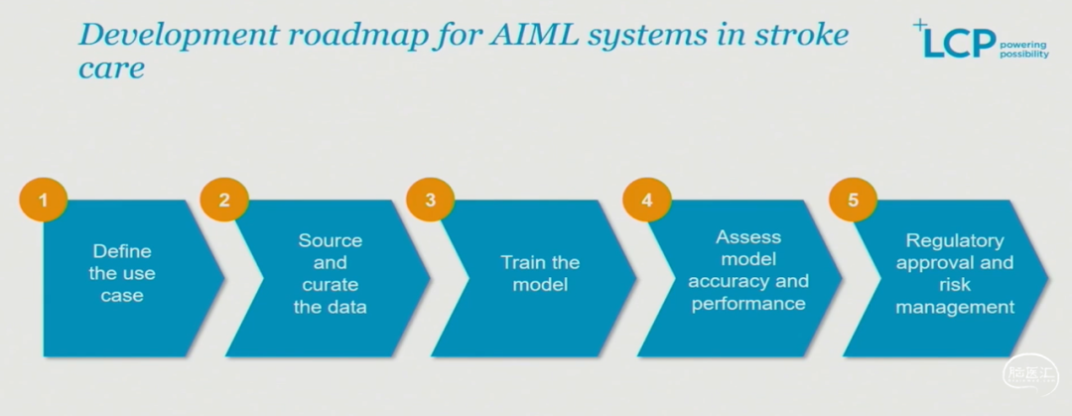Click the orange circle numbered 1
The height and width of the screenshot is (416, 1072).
[43, 200]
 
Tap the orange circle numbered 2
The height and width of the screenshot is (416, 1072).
[224, 200]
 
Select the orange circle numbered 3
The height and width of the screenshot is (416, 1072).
[430, 200]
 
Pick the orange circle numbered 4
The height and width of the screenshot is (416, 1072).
[647, 200]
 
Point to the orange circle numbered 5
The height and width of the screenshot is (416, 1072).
[853, 200]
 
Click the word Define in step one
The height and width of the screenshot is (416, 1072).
[122, 251]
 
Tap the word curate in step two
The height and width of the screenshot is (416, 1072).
[331, 284]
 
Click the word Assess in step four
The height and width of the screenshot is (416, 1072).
[748, 236]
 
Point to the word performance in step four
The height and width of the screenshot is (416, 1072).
[748, 303]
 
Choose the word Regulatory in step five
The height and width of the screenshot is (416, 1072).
[955, 241]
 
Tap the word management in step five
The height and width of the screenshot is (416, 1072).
[955, 307]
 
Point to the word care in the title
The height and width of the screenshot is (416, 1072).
[111, 69]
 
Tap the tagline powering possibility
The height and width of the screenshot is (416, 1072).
[1022, 50]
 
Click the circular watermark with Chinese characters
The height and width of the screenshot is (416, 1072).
[1029, 375]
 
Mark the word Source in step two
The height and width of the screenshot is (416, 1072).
[331, 241]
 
